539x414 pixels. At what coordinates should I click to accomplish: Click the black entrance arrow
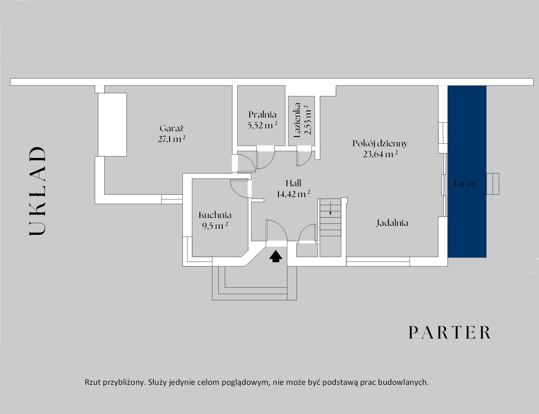point(276,256)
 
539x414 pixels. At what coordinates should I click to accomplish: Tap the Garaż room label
point(172,128)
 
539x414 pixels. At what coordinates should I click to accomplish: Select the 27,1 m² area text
point(172,139)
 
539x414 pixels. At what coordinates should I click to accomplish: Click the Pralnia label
point(262,115)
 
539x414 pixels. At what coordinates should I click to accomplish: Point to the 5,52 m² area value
point(262,125)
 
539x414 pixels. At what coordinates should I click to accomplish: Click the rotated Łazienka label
point(297,120)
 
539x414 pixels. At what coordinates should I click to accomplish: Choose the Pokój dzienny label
point(380,144)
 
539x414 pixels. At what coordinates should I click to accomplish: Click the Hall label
point(293,183)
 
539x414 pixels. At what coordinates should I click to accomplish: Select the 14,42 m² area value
point(293,194)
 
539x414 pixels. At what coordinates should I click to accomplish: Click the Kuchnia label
point(215,215)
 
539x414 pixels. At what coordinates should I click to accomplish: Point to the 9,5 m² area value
point(215,226)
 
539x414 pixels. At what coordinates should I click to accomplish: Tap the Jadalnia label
point(392,223)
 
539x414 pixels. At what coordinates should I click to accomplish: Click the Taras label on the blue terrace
point(464,184)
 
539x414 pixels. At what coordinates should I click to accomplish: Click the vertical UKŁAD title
point(37,191)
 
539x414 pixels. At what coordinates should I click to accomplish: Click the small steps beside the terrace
point(493,184)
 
